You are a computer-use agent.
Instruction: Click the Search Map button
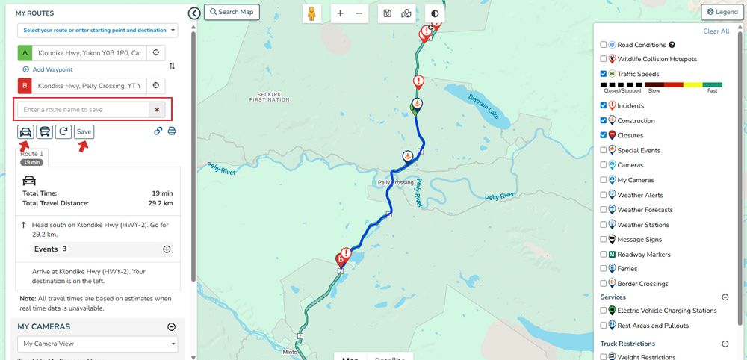[232, 12]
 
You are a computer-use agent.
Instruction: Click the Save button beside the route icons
[84, 131]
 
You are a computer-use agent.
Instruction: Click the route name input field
[83, 110]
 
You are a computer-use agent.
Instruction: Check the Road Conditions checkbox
[604, 45]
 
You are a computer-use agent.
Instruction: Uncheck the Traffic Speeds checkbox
[604, 74]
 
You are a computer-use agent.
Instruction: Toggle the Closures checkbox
[604, 135]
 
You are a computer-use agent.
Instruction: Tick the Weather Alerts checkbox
[604, 195]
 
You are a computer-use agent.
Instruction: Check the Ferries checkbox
[604, 269]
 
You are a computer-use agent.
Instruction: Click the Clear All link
[716, 31]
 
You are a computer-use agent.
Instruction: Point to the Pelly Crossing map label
[395, 183]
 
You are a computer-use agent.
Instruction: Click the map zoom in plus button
[341, 13]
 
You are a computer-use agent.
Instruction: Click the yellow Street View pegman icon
[312, 13]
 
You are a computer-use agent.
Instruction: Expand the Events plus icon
[167, 249]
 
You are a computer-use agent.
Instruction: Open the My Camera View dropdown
[97, 344]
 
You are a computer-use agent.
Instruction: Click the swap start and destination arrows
[173, 66]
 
